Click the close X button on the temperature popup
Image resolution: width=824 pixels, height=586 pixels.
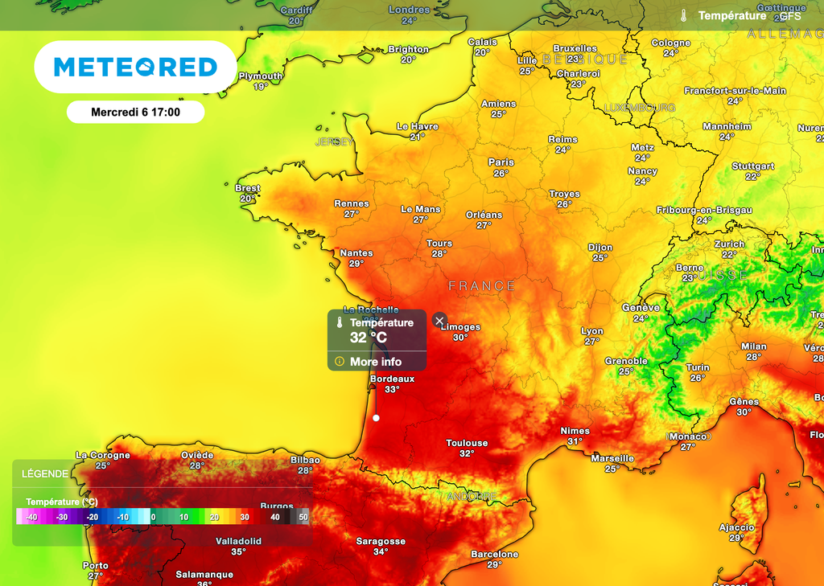439,321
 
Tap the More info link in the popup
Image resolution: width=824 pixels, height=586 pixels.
375,362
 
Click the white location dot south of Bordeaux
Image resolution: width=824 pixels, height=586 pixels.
376,418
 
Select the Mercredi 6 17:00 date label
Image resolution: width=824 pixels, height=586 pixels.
135,113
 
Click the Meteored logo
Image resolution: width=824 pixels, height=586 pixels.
135,67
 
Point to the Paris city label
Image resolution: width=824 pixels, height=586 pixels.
501,162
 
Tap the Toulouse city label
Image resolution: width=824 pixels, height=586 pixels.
467,443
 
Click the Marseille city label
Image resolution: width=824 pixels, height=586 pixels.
612,458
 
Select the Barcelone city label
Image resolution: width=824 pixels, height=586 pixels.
494,554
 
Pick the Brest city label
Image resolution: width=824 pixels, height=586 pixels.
248,188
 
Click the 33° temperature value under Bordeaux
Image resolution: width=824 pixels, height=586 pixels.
392,389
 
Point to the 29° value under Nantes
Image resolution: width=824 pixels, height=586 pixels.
356,263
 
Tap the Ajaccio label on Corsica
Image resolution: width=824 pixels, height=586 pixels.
736,527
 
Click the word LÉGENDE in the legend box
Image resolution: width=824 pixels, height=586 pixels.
45,474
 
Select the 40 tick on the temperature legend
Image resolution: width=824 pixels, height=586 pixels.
275,517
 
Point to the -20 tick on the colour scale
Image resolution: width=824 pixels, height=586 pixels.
93,517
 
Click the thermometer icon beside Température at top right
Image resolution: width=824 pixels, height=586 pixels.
683,15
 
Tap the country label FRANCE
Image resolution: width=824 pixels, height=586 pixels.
481,285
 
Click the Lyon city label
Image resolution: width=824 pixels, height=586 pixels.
592,331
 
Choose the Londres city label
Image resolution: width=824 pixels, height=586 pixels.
409,10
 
